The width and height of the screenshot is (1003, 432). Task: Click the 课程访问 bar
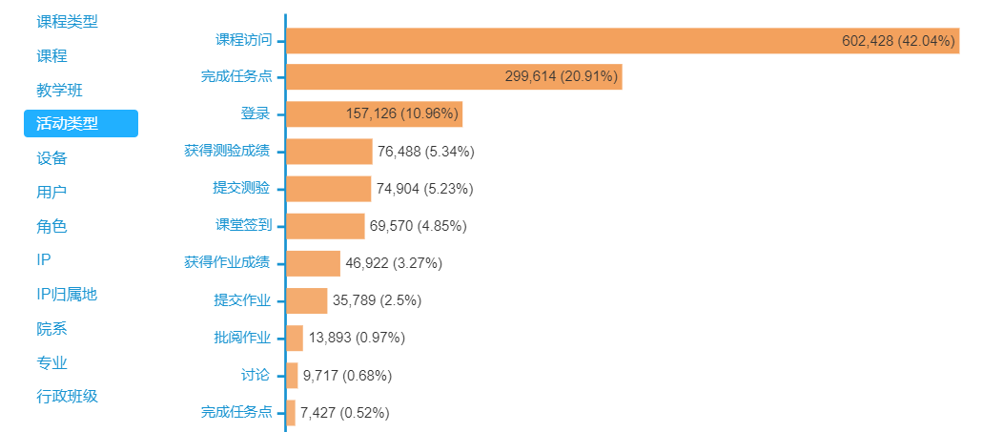(622, 40)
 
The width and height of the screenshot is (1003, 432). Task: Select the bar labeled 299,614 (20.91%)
(454, 77)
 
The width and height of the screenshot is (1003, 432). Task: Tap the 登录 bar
(374, 114)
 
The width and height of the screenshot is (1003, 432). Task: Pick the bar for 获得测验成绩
(329, 152)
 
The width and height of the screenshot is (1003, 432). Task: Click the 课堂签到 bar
(325, 226)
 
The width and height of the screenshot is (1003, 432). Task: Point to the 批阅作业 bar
(295, 338)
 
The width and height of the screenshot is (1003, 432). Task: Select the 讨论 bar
(292, 375)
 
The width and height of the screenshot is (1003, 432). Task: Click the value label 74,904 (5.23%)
(424, 189)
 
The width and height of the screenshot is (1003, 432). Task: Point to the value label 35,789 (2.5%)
(377, 300)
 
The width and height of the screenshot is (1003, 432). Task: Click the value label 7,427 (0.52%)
(344, 412)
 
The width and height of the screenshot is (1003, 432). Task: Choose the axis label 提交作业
(242, 300)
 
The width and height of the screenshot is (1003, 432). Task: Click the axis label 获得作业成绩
(227, 263)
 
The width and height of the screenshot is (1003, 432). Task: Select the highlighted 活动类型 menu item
(81, 123)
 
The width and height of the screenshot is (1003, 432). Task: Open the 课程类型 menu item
(67, 21)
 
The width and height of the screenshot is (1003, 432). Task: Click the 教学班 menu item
(59, 91)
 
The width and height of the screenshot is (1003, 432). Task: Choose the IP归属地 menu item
(67, 295)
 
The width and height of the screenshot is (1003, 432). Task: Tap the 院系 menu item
(51, 329)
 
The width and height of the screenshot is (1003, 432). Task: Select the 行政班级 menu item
(67, 397)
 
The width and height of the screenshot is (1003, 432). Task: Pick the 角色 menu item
(51, 227)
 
